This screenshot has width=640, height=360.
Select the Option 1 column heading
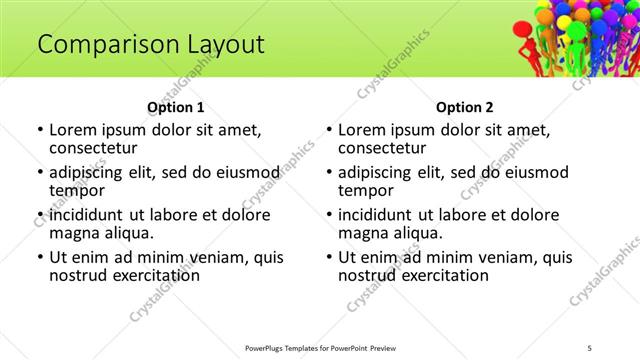[x=175, y=107]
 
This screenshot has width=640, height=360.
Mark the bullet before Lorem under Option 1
[x=39, y=130]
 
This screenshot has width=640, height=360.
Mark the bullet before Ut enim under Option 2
[x=328, y=257]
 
